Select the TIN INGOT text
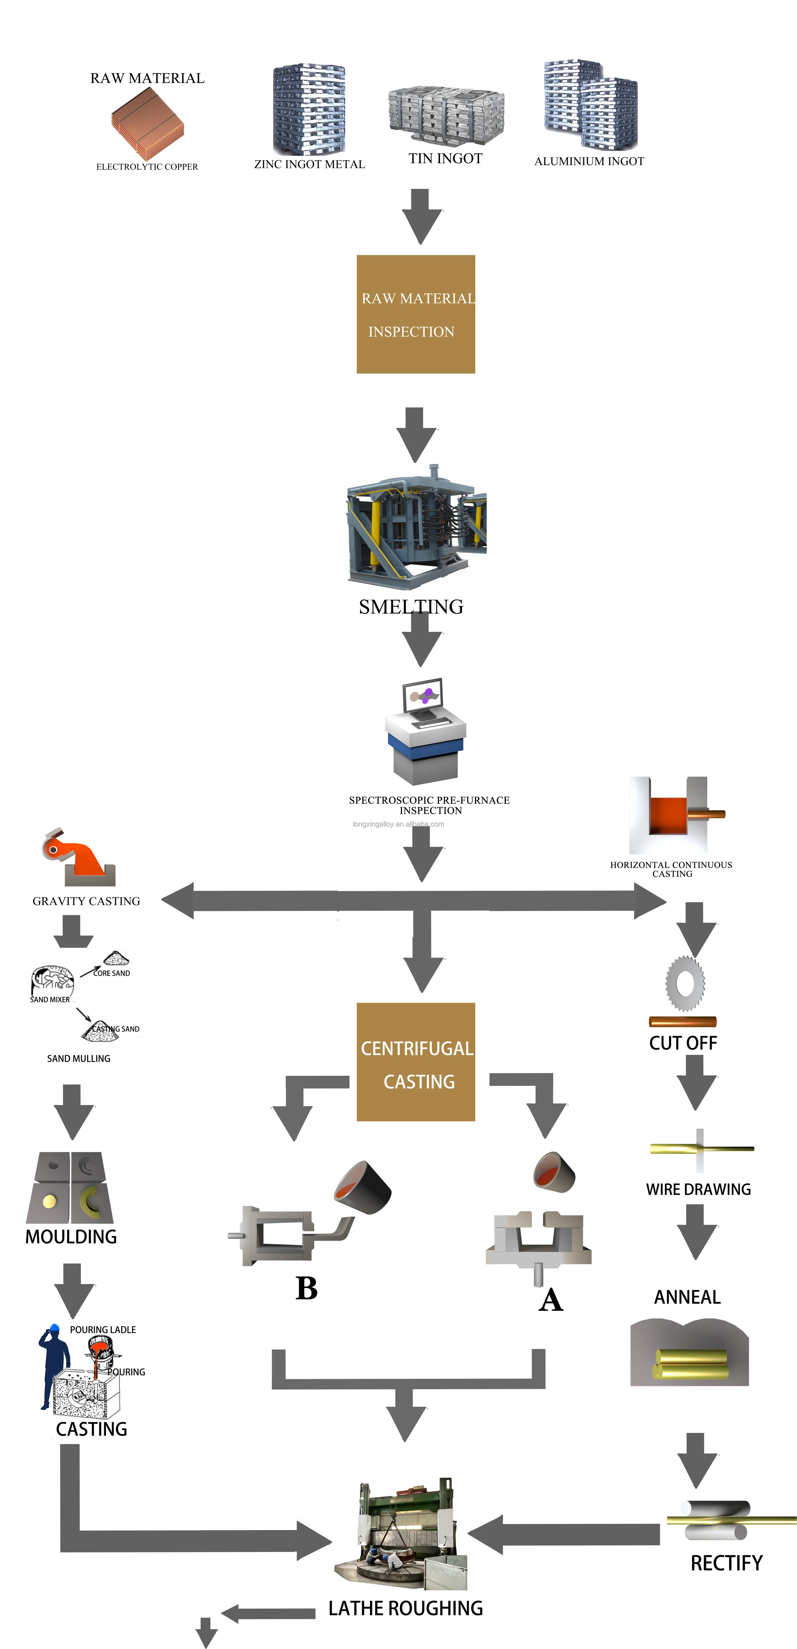point(445,159)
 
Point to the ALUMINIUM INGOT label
point(589,161)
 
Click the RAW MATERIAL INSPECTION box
point(416,314)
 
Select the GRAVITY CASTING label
point(87,901)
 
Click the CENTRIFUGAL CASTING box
point(416,1062)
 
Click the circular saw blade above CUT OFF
point(685,983)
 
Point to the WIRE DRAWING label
point(699,1189)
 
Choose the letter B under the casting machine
point(307,1288)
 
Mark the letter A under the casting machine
point(550,1300)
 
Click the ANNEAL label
point(687,1297)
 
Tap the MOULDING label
point(71,1237)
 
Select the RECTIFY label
point(727,1563)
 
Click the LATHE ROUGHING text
point(405,1608)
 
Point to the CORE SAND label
point(112,973)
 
